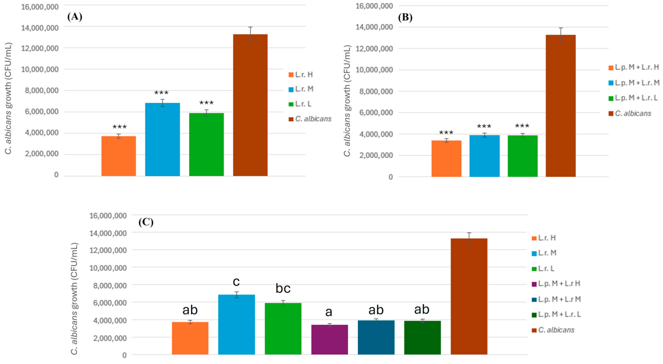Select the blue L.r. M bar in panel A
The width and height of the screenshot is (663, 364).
pyautogui.click(x=162, y=139)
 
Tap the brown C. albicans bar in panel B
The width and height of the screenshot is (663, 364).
pyautogui.click(x=561, y=106)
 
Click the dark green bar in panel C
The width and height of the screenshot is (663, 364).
pyautogui.click(x=422, y=338)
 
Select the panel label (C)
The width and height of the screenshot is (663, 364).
pyautogui.click(x=146, y=222)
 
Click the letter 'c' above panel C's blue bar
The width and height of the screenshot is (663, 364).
pyautogui.click(x=236, y=282)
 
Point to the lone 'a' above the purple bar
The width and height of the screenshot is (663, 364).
pyautogui.click(x=329, y=312)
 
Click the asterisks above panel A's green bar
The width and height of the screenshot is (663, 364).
pyautogui.click(x=206, y=103)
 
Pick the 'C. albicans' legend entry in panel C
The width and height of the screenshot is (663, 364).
pyautogui.click(x=556, y=330)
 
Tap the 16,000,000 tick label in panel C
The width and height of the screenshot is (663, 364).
pyautogui.click(x=108, y=215)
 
